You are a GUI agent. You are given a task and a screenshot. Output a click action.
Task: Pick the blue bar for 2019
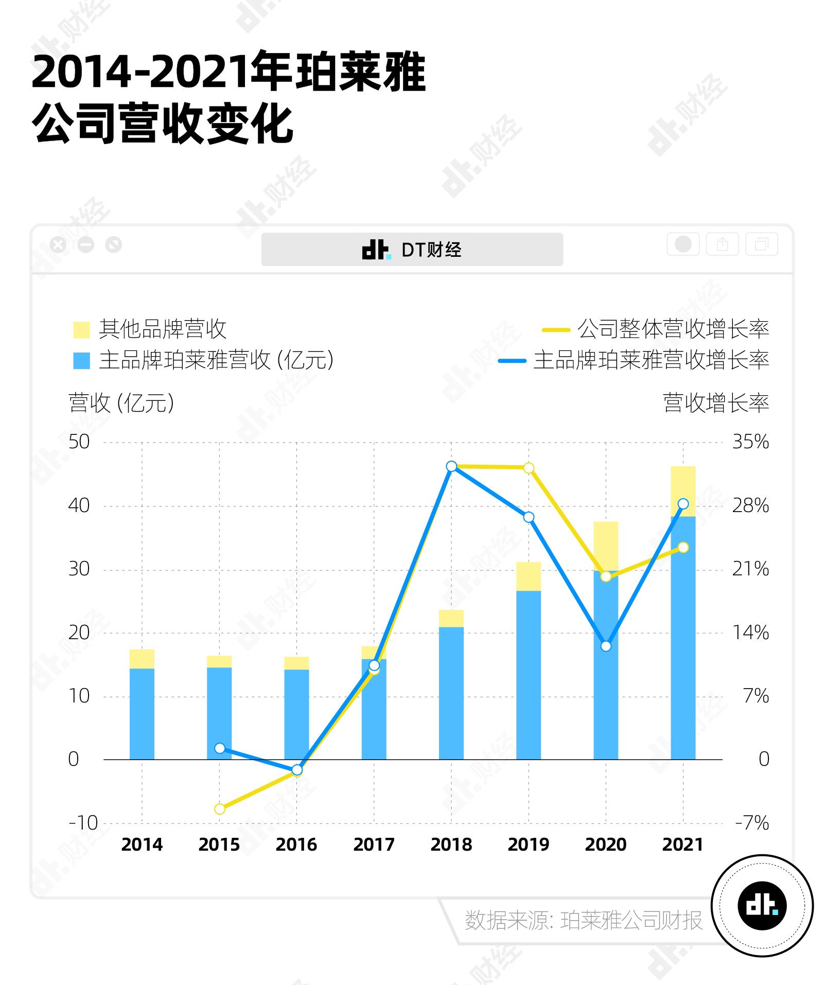(x=529, y=675)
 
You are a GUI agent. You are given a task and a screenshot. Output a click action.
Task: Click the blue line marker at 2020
(x=606, y=646)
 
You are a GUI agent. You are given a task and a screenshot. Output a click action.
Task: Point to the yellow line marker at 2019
(x=529, y=468)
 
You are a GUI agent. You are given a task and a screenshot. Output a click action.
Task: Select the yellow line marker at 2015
(x=220, y=809)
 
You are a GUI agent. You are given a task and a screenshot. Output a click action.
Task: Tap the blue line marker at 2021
(x=683, y=504)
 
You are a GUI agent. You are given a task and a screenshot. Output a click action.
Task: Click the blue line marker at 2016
(x=297, y=770)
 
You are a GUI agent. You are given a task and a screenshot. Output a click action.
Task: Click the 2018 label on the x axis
(x=451, y=845)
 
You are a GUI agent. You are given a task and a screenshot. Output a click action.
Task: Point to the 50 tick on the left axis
(x=79, y=442)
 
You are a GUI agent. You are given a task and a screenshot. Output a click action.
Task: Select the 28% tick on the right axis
(x=750, y=505)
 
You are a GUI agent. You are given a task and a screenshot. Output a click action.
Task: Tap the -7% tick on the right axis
(x=752, y=823)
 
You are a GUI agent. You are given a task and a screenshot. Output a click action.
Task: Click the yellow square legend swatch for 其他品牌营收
(x=81, y=330)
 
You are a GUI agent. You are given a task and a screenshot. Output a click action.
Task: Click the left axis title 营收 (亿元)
(x=121, y=403)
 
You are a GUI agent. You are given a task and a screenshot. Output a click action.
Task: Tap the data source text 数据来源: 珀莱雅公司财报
(x=583, y=920)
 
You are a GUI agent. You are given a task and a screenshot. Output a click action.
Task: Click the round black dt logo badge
(x=762, y=906)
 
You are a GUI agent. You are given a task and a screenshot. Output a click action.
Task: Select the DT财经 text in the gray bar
(x=431, y=250)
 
